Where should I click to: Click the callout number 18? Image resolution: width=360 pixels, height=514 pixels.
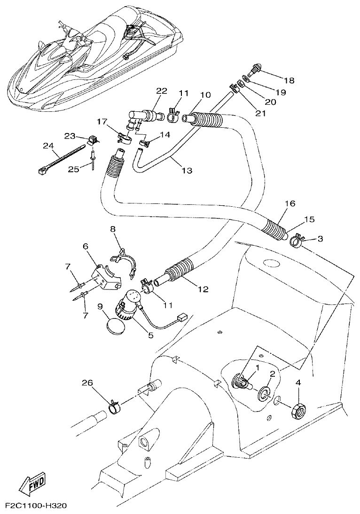point(289,80)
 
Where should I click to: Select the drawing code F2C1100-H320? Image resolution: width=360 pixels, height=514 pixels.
point(36,506)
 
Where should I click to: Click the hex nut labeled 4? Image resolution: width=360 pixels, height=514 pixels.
point(298,410)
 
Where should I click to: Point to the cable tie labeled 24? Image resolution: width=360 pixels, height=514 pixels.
point(61,160)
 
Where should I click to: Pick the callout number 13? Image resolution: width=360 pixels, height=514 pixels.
point(187,171)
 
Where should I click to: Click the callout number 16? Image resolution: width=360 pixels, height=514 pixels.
point(290,203)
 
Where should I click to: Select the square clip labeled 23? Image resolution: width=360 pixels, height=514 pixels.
point(93,140)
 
